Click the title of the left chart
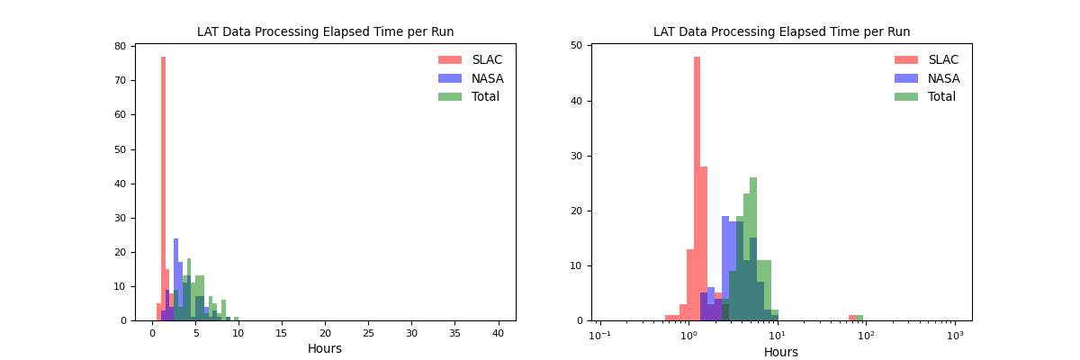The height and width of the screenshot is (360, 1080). pyautogui.click(x=325, y=32)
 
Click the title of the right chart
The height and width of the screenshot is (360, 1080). pyautogui.click(x=781, y=32)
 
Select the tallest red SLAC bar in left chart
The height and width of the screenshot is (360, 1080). pyautogui.click(x=163, y=189)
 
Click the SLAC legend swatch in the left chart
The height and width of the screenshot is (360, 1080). pyautogui.click(x=450, y=60)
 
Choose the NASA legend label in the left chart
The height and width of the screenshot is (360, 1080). pyautogui.click(x=488, y=78)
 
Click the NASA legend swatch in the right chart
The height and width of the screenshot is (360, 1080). pyautogui.click(x=906, y=78)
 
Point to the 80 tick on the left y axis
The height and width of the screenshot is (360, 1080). pyautogui.click(x=121, y=46)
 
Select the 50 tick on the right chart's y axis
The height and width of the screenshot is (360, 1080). pyautogui.click(x=576, y=46)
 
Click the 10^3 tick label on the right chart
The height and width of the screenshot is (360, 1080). pyautogui.click(x=955, y=335)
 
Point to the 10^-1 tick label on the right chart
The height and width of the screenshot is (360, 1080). pyautogui.click(x=599, y=335)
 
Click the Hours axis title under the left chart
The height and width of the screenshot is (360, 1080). pyautogui.click(x=325, y=349)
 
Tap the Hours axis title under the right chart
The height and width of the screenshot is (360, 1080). pyautogui.click(x=781, y=353)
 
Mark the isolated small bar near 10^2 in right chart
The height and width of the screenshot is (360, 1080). pyautogui.click(x=856, y=318)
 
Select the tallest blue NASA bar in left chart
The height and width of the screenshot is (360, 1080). pyautogui.click(x=175, y=279)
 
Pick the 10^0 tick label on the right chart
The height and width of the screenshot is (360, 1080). pyautogui.click(x=688, y=335)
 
